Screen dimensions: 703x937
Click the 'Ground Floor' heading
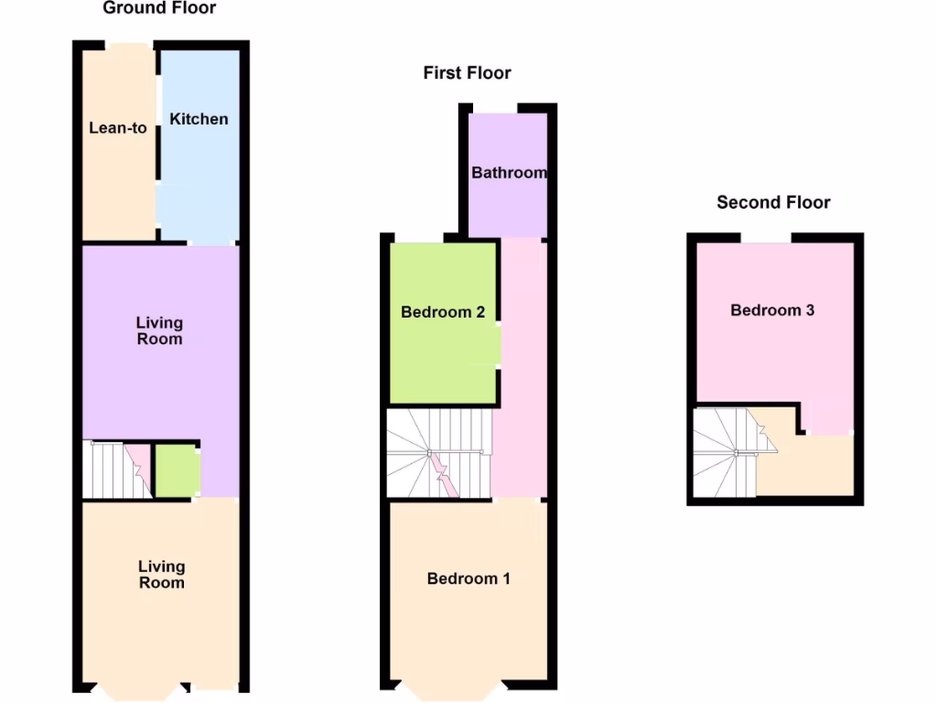[x=159, y=8]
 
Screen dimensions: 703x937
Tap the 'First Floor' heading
[x=467, y=72]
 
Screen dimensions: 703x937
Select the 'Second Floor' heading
[x=773, y=202]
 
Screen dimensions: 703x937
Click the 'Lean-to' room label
[x=118, y=128]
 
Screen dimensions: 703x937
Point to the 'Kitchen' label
[x=199, y=119]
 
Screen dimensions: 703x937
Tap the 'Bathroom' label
[x=509, y=172]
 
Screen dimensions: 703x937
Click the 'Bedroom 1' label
[x=468, y=579]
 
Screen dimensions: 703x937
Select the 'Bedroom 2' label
[x=443, y=312]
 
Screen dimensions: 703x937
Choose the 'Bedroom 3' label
[x=772, y=310]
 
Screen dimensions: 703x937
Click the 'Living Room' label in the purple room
[x=159, y=330]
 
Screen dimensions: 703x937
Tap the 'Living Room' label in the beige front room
[x=161, y=575]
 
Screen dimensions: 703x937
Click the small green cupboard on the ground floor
[x=176, y=470]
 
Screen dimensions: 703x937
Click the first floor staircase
[x=437, y=453]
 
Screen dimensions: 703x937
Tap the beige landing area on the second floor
[x=810, y=467]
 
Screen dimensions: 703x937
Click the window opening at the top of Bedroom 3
[x=767, y=239]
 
